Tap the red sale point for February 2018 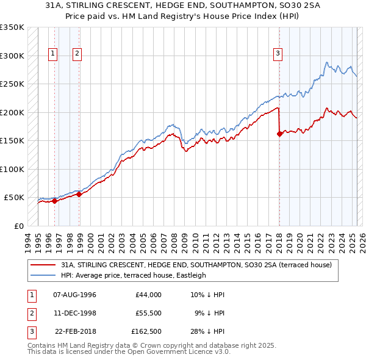(x=279, y=134)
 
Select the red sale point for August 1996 (x=54, y=201)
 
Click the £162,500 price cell (x=146, y=333)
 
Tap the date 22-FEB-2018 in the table (x=75, y=333)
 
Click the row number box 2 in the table (x=31, y=314)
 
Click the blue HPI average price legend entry (x=133, y=275)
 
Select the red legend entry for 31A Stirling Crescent (x=195, y=265)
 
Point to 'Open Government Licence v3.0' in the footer (x=177, y=352)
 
